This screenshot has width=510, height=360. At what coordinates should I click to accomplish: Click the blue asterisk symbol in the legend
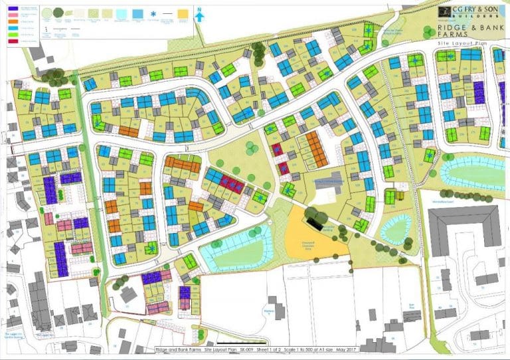coord(155,14)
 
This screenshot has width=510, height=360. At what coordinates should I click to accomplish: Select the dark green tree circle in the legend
coord(59,12)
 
